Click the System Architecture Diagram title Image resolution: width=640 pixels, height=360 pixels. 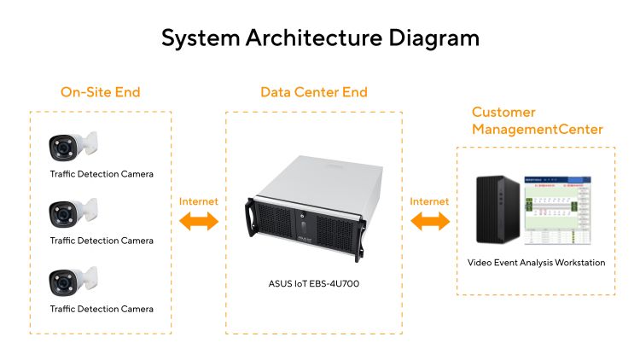320,38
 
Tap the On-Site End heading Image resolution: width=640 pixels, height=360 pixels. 101,92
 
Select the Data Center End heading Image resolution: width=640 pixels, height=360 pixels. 314,92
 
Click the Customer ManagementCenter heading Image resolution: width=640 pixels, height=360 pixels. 537,120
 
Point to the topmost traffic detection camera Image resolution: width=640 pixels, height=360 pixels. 73,146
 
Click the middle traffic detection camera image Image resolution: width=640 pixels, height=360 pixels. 73,213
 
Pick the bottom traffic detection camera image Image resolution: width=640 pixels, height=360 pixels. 73,282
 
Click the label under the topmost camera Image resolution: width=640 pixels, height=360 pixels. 102,174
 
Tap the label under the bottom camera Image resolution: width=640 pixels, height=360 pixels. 102,309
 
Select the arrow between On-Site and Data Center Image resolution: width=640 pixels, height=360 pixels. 199,221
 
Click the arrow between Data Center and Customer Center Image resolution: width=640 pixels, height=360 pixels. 430,221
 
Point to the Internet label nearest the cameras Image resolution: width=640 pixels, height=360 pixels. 198,201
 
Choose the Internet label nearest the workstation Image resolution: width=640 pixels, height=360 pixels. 429,201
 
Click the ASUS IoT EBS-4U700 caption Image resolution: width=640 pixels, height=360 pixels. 314,284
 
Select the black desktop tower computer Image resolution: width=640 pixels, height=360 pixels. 498,210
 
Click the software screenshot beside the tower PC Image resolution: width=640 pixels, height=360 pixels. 557,210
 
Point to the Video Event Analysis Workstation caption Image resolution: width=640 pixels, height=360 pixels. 537,263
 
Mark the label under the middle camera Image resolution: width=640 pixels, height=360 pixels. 102,241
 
